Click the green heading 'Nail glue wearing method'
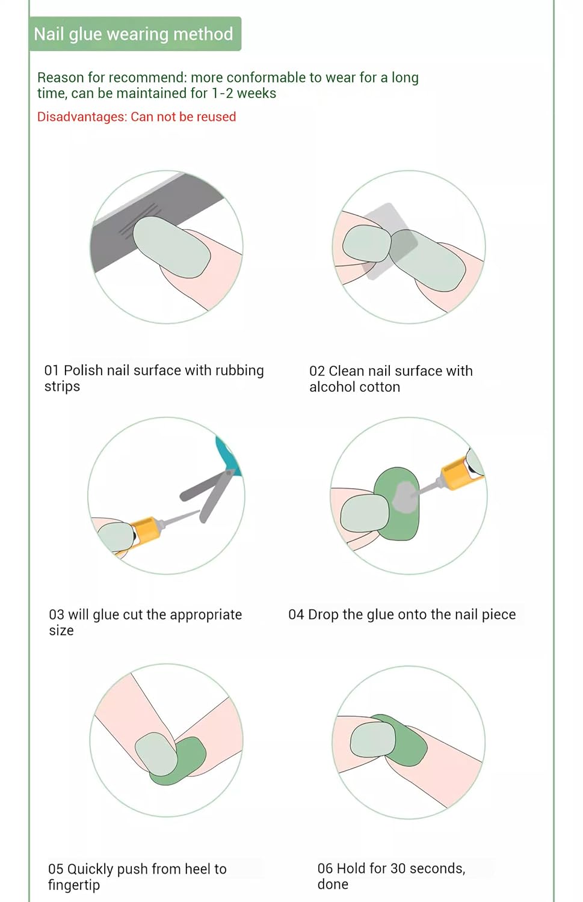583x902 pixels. (134, 34)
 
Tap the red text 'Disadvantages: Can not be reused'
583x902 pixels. (137, 117)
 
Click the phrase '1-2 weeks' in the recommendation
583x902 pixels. (244, 93)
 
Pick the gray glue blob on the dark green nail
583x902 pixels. (404, 497)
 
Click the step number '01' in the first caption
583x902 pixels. (52, 370)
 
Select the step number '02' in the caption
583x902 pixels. (316, 371)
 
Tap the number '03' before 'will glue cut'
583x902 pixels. (57, 615)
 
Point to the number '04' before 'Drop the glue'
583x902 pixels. (296, 615)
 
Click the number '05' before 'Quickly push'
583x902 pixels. (55, 869)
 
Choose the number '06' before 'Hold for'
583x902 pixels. (325, 868)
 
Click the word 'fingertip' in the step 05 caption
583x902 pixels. (74, 886)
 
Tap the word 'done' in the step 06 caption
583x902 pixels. (333, 885)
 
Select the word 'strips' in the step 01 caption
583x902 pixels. (62, 387)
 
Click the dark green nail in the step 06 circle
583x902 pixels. (407, 740)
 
